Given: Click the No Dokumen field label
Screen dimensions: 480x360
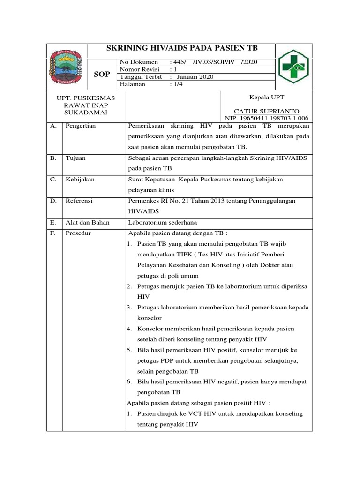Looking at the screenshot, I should click(x=139, y=62).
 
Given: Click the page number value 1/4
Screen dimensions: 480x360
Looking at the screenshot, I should click(x=178, y=84).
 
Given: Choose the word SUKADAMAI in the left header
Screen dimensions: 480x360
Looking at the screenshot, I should click(x=86, y=113).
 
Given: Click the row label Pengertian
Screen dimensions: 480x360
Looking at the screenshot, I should click(x=81, y=126).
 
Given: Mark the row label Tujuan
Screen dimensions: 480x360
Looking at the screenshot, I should click(x=75, y=158).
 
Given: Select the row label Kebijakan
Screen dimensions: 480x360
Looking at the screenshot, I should click(x=80, y=180).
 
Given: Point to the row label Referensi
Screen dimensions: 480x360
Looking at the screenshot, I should click(x=79, y=201).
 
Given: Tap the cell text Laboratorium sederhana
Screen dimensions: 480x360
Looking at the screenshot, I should click(x=165, y=222).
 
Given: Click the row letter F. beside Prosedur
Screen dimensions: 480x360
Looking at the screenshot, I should click(x=53, y=233).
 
